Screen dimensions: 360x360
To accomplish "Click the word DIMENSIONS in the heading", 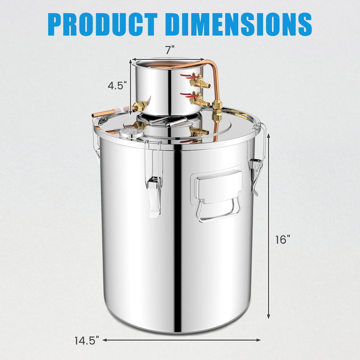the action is tap(241, 25).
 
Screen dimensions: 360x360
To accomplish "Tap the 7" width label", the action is tap(170, 50).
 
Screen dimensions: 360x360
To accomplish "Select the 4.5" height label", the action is tap(117, 86).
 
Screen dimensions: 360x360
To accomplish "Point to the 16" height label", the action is tap(283, 240).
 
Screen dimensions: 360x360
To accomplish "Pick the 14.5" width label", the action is tap(87, 340).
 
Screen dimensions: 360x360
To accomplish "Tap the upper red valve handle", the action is tap(186, 76).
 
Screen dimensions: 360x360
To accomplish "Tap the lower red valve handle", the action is tap(186, 95).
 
